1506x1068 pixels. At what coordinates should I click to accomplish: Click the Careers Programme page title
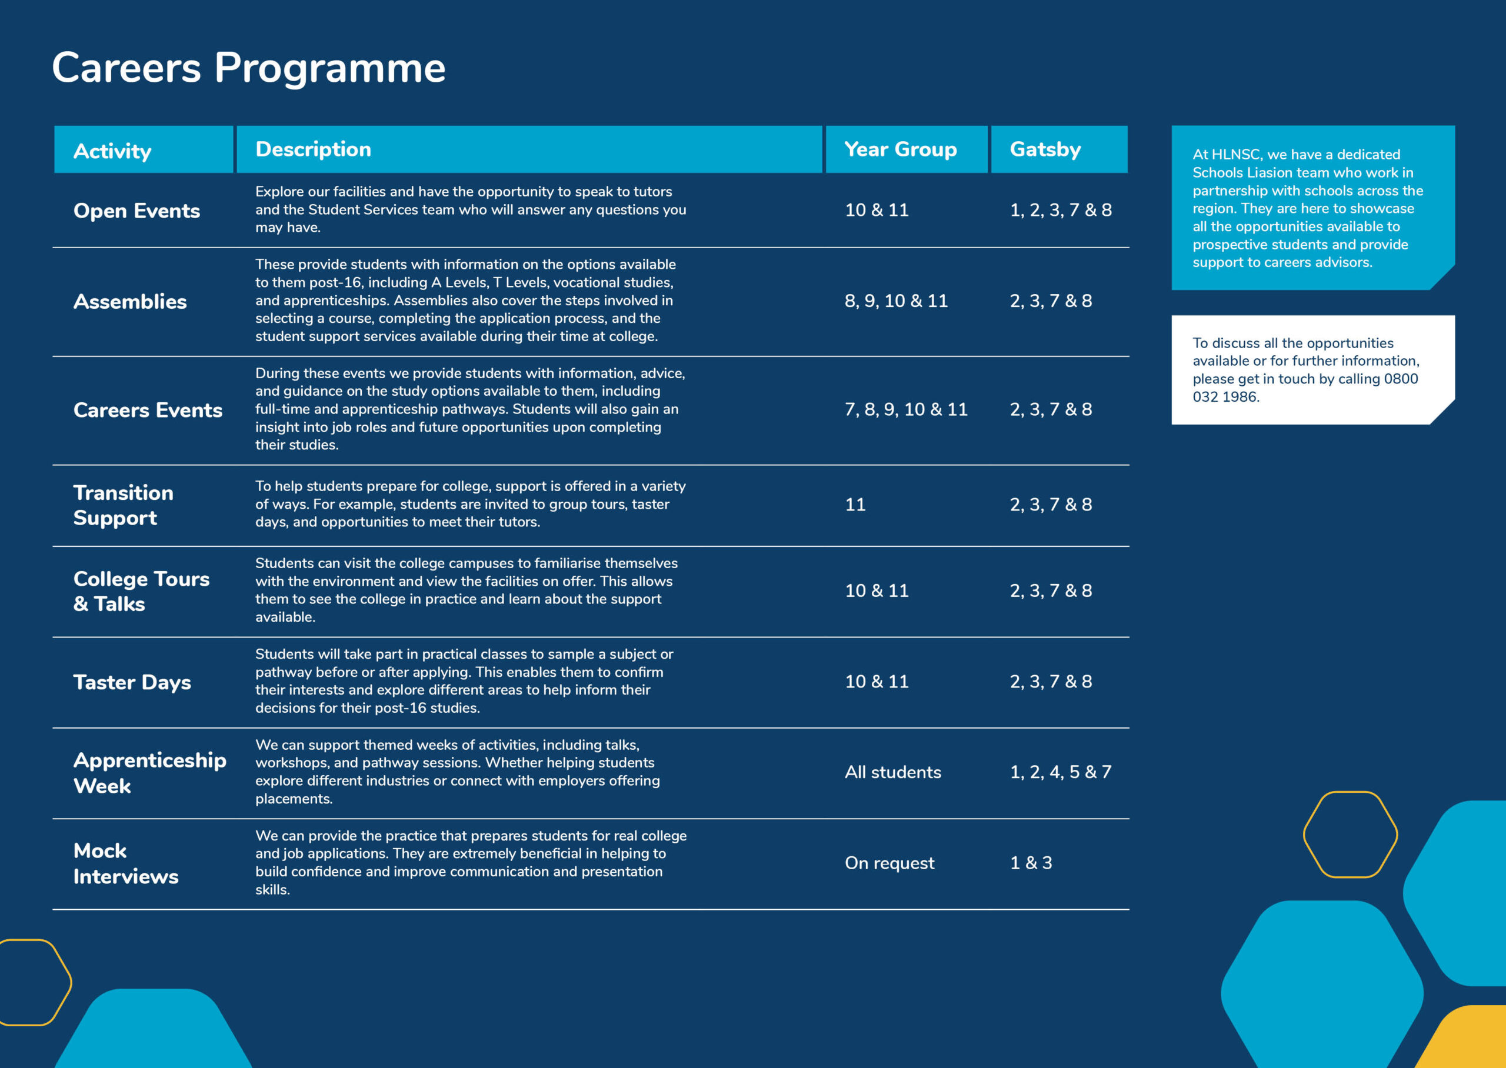coord(249,68)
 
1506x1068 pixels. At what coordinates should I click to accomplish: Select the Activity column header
coord(112,151)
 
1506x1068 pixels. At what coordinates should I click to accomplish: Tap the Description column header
coord(313,149)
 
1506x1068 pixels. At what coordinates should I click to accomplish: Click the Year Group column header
coord(900,149)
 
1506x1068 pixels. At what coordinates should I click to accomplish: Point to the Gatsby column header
coord(1045,149)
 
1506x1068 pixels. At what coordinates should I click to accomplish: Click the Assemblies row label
coord(130,301)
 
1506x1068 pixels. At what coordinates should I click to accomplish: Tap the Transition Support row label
coord(124,505)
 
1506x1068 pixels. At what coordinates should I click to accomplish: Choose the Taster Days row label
coord(132,682)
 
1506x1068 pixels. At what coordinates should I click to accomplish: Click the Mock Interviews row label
coord(126,863)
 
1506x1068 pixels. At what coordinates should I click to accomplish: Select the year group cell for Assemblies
coord(896,301)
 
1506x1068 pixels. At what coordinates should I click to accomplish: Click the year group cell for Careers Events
coord(905,410)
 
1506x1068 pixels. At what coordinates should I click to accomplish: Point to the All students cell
coord(892,772)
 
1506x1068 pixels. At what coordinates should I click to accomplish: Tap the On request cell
coord(889,863)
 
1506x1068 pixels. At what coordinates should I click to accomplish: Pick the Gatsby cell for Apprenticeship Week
coord(1060,772)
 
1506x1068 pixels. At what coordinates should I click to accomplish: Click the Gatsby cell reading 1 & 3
coord(1031,863)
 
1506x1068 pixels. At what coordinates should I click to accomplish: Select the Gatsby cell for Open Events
coord(1060,211)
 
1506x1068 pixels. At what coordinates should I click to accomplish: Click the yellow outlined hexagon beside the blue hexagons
coord(1350,835)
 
